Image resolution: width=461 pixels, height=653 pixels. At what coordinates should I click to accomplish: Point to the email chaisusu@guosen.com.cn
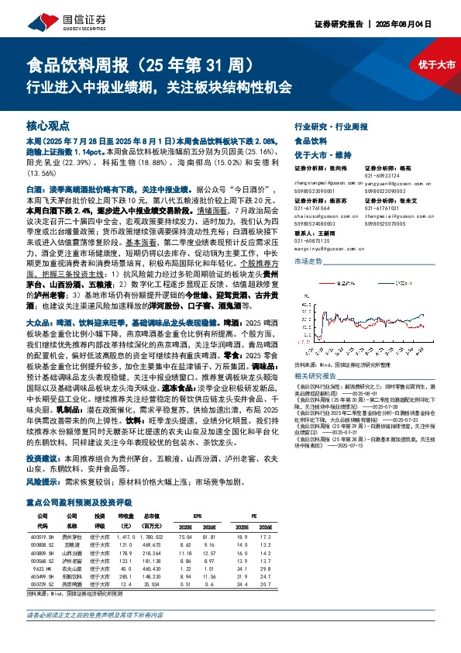(x=318, y=216)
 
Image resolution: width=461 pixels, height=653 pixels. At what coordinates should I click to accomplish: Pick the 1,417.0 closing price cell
(x=126, y=535)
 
